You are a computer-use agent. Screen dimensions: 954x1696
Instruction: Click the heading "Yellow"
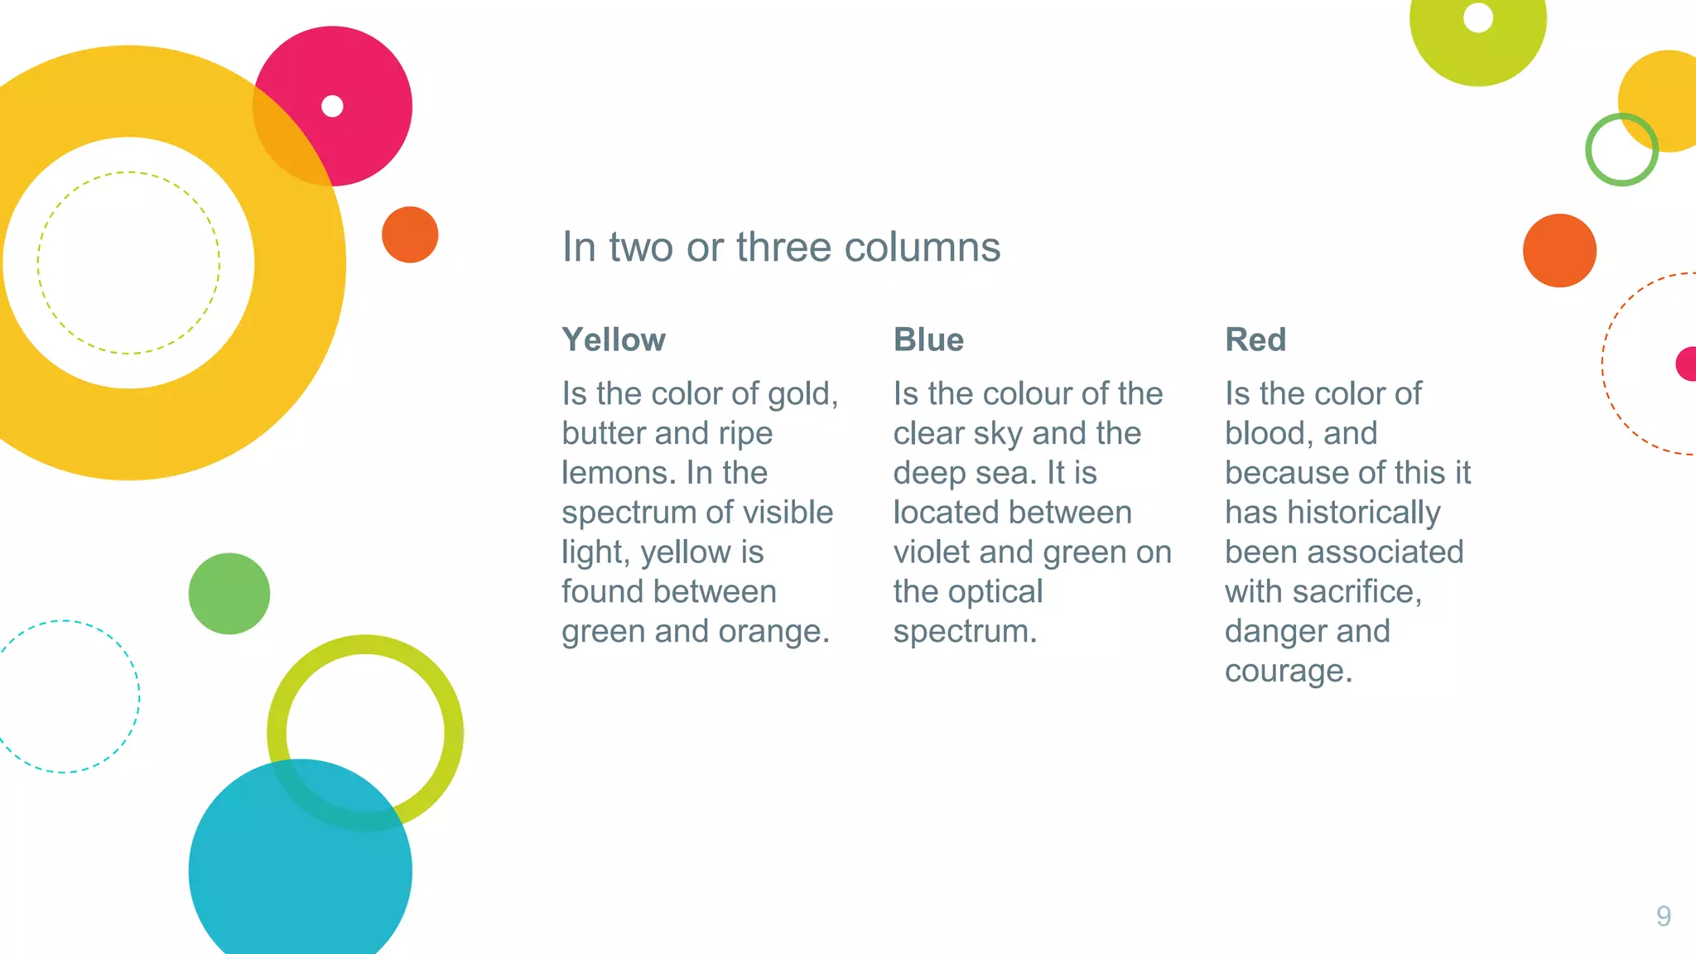point(614,340)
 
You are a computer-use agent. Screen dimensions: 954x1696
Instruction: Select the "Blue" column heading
point(928,340)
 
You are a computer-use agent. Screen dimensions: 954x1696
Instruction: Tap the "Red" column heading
point(1255,340)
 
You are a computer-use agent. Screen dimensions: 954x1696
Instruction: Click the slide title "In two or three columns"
point(781,247)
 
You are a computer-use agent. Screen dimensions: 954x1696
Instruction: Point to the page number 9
point(1663,916)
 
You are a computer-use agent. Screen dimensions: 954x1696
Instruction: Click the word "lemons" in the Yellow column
point(613,473)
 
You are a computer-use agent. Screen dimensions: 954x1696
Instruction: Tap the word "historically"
point(1364,513)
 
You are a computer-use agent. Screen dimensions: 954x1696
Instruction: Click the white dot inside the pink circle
point(332,106)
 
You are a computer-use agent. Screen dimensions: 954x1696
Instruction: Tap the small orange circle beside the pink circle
point(410,234)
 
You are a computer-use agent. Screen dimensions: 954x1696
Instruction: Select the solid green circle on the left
point(229,594)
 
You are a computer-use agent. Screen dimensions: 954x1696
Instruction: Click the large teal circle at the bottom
point(300,870)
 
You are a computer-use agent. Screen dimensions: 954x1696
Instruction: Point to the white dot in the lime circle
point(1478,17)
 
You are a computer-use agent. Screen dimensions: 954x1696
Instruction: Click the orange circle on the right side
point(1559,250)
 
